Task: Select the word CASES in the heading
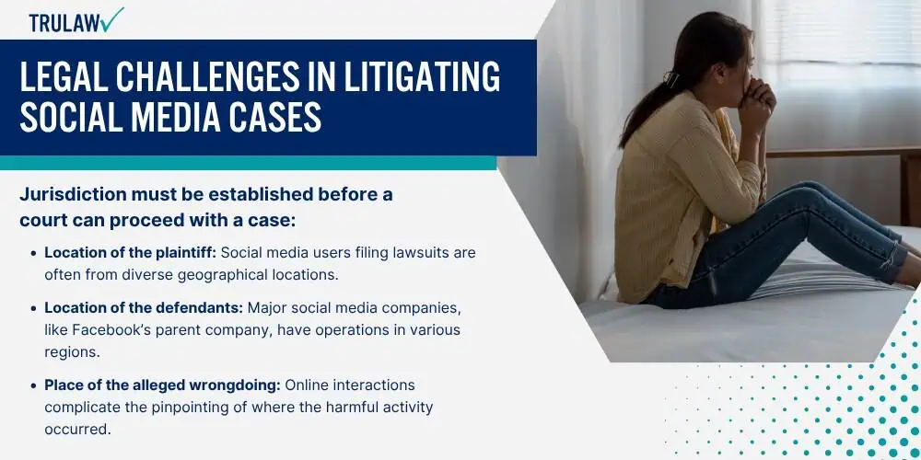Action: (279, 116)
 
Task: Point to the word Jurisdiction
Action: (75, 195)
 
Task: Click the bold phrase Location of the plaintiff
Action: (131, 253)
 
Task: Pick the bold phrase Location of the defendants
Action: (144, 308)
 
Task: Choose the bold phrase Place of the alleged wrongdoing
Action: (163, 385)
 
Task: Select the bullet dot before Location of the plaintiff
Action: (34, 254)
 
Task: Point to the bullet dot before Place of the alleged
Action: (34, 386)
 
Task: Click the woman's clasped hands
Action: (758, 98)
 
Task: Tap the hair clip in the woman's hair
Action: (670, 77)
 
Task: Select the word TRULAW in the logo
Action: (64, 23)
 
